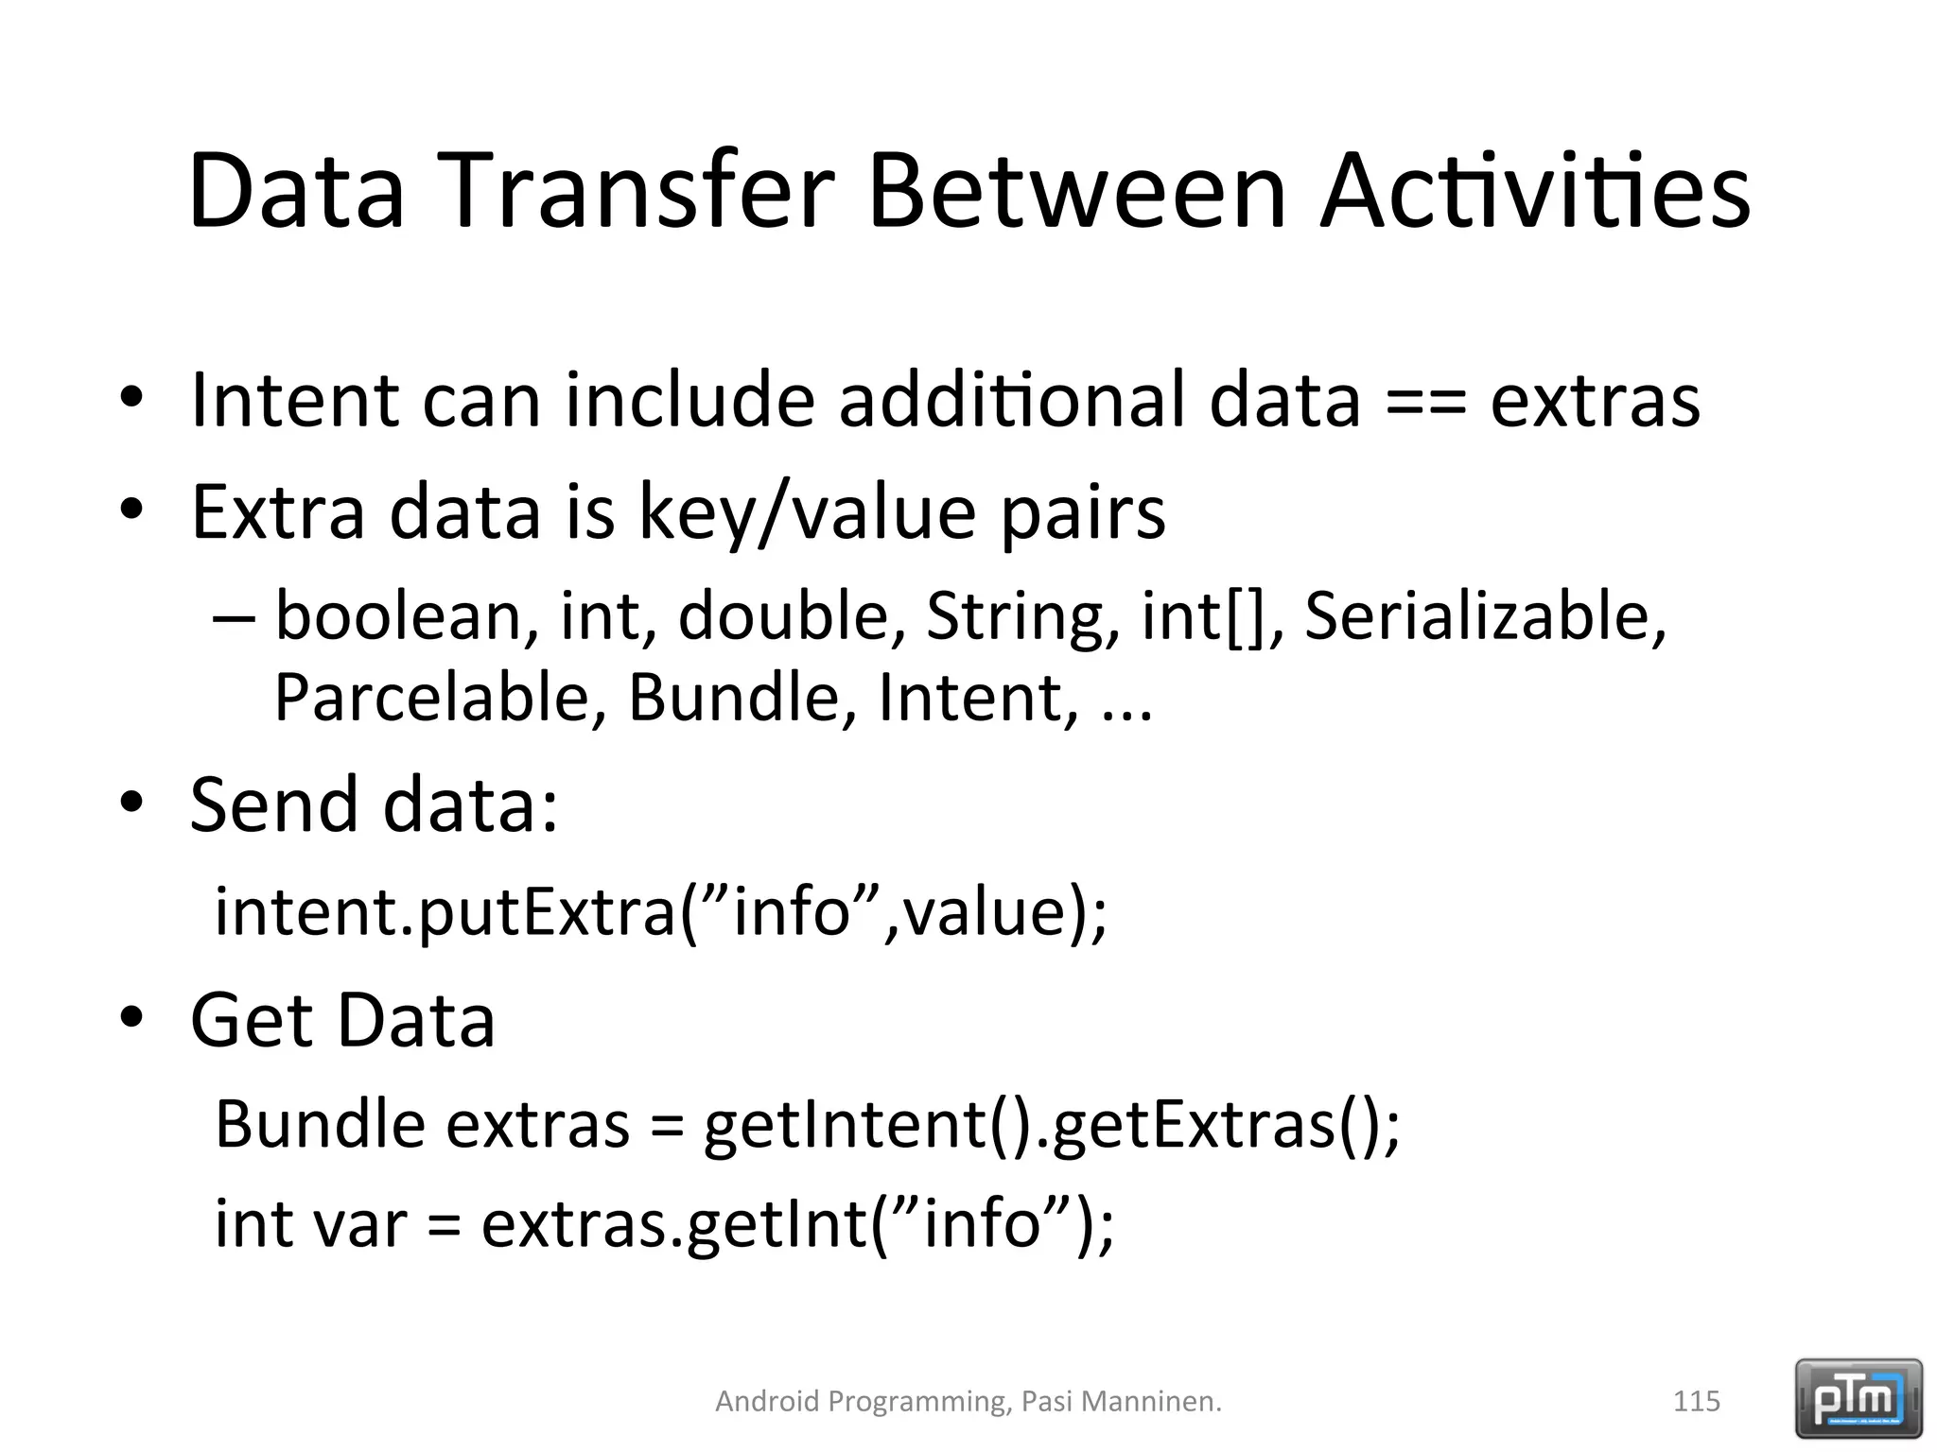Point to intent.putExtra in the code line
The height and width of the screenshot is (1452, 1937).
tap(445, 912)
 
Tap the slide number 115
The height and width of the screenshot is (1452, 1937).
tap(1696, 1401)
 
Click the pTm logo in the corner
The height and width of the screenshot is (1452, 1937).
tap(1858, 1398)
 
